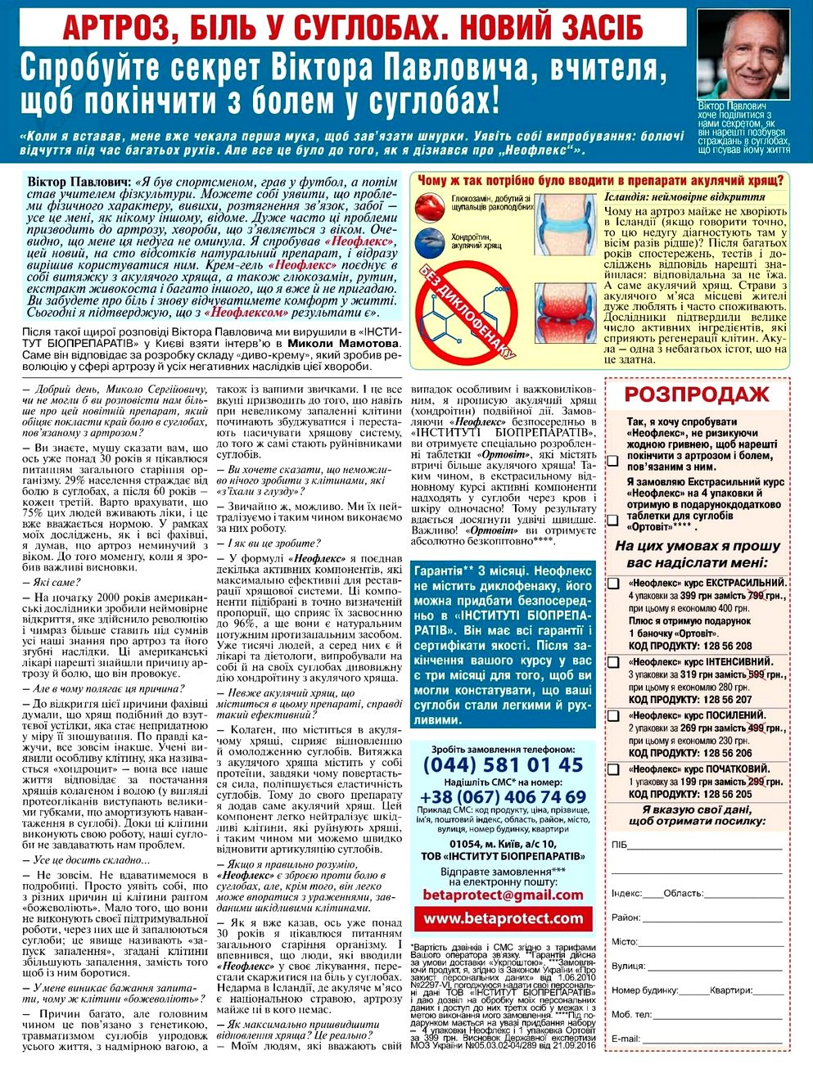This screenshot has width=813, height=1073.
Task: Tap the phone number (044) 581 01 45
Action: point(503,766)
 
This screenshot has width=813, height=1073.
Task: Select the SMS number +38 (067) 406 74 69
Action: point(503,796)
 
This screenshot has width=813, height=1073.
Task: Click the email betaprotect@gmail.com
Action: point(503,895)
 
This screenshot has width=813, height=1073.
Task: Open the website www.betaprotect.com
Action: point(503,919)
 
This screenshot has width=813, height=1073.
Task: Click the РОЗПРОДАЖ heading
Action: point(696,395)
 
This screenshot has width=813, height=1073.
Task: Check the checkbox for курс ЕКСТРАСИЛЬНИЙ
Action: point(613,584)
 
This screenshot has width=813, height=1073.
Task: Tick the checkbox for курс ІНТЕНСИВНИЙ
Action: point(613,662)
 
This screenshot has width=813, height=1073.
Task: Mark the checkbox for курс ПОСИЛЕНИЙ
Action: point(613,716)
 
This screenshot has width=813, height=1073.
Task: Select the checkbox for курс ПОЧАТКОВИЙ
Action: point(613,769)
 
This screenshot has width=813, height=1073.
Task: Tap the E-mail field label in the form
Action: point(625,1039)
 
